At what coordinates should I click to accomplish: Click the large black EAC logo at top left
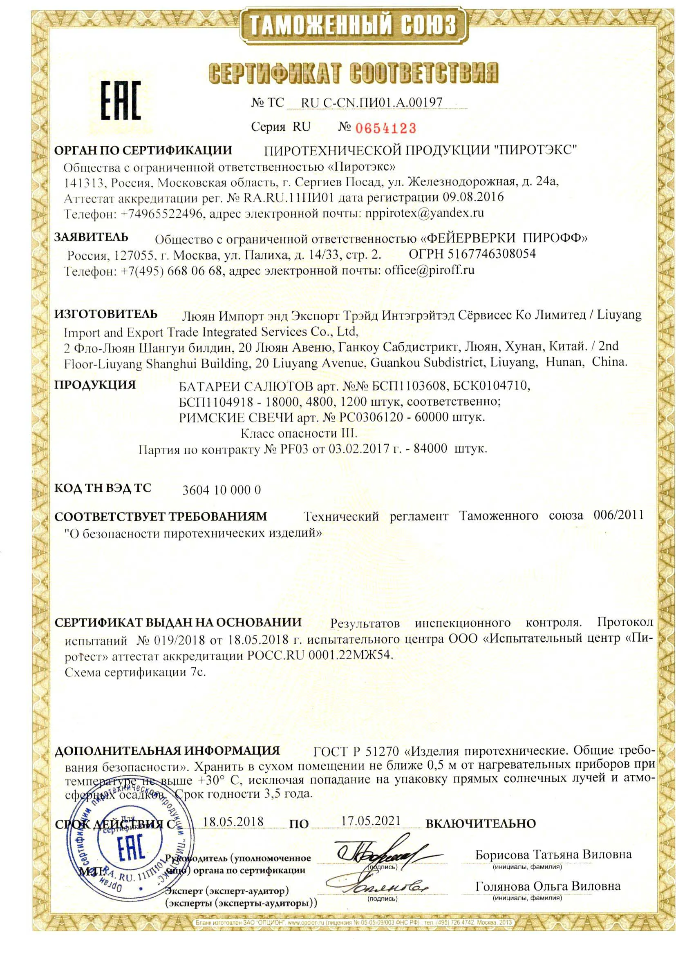pyautogui.click(x=121, y=100)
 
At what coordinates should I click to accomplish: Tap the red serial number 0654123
pyautogui.click(x=385, y=128)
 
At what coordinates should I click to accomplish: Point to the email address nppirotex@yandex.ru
pyautogui.click(x=424, y=213)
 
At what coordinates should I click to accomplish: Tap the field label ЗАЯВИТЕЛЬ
pyautogui.click(x=92, y=237)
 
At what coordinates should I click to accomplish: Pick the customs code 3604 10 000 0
pyautogui.click(x=222, y=490)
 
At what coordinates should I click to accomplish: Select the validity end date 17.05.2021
pyautogui.click(x=371, y=821)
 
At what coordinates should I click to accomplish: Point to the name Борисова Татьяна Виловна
pyautogui.click(x=553, y=855)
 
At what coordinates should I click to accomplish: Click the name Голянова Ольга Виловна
pyautogui.click(x=548, y=886)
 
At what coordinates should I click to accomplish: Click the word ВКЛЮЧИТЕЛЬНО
pyautogui.click(x=481, y=823)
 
